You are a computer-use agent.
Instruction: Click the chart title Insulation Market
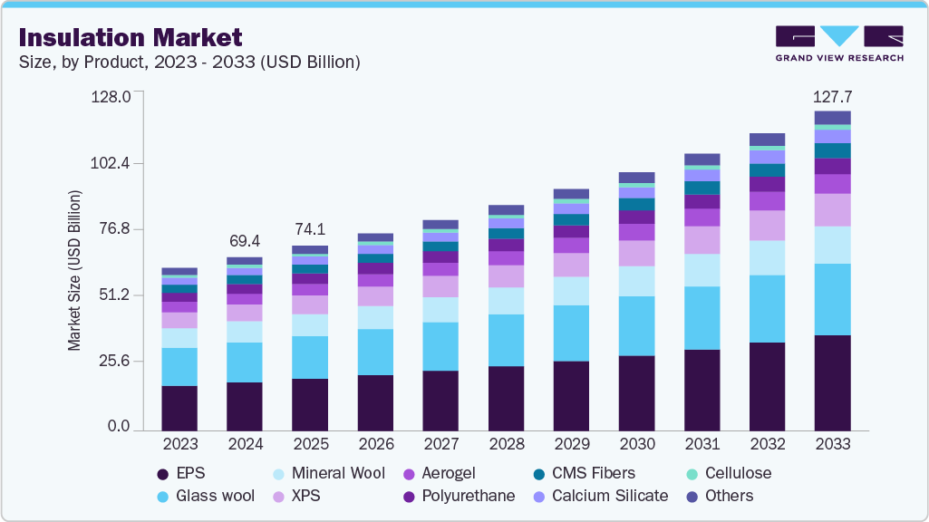click(131, 37)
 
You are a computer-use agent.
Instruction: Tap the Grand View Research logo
click(838, 43)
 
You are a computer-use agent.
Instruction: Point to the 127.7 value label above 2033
click(833, 96)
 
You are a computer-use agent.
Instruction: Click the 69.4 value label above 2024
click(245, 241)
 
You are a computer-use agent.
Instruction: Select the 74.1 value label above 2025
click(310, 229)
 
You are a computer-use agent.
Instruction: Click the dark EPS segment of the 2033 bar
click(833, 382)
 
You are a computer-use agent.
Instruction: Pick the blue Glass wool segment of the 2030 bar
click(636, 325)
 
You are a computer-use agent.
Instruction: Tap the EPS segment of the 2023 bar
click(179, 407)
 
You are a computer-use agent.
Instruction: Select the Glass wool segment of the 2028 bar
click(506, 340)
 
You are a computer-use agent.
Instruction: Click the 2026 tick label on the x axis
click(375, 445)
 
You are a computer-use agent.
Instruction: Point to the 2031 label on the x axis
click(702, 445)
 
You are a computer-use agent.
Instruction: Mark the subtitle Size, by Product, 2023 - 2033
click(189, 63)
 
